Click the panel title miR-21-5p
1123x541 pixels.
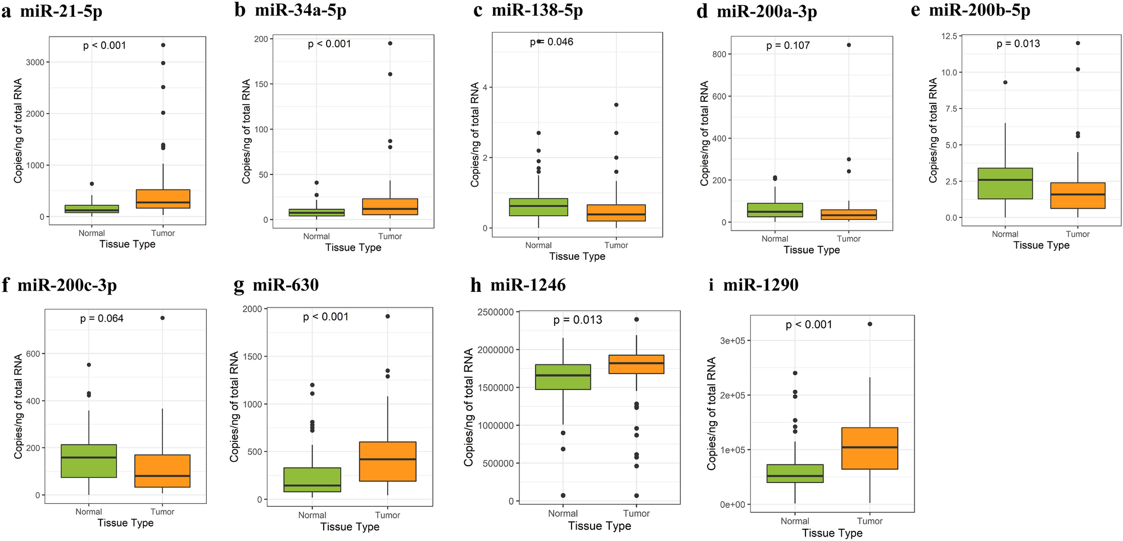point(61,11)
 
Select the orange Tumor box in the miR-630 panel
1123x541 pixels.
point(387,461)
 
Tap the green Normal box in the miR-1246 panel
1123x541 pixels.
point(563,377)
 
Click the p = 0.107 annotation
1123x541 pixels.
point(788,46)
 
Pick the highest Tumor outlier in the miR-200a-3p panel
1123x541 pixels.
point(849,45)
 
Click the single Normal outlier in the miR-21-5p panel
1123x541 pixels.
point(92,184)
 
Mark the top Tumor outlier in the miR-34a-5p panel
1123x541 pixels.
point(390,43)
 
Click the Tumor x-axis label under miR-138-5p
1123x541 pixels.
point(616,245)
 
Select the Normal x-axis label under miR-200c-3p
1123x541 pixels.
point(89,512)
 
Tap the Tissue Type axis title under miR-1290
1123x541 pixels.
point(832,533)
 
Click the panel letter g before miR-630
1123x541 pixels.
point(239,286)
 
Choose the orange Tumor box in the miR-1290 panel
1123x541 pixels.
point(870,448)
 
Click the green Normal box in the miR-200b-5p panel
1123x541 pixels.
point(1005,183)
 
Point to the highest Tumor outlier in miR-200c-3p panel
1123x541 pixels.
point(162,318)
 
